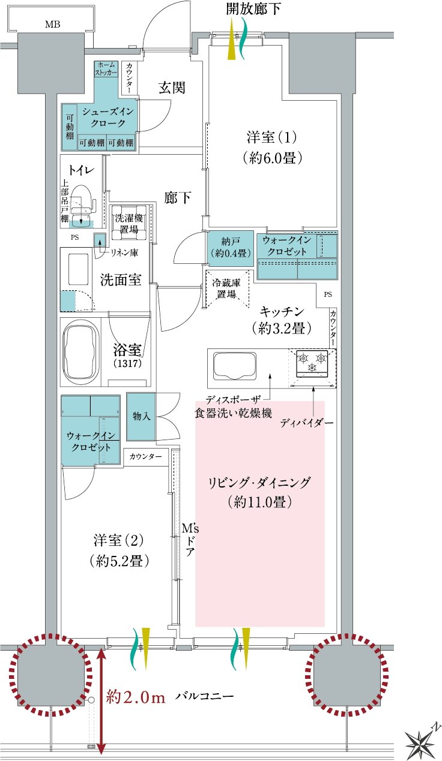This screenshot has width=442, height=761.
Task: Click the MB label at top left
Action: [52, 24]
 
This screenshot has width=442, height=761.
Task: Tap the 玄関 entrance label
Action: [172, 88]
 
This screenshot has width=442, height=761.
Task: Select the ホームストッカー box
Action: [106, 68]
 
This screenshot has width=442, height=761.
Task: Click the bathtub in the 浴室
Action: [80, 351]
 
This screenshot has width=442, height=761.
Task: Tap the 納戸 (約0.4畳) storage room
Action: [231, 248]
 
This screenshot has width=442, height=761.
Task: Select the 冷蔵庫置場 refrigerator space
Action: [226, 289]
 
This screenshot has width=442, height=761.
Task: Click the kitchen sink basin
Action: [235, 366]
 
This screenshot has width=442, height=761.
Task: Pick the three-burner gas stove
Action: [312, 363]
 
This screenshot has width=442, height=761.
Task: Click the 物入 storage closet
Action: [141, 417]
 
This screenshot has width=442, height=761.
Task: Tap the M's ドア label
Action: [190, 540]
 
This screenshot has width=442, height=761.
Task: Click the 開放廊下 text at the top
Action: [253, 9]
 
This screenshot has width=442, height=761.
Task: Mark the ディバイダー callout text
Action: [306, 423]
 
